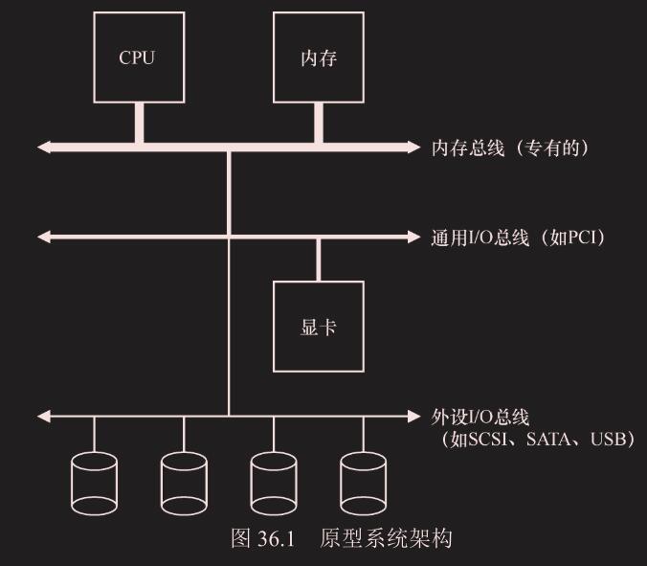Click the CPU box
point(137,58)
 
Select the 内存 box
point(319,58)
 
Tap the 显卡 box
point(319,327)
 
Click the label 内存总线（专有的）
point(510,147)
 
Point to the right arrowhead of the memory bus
point(413,147)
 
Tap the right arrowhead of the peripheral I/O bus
point(413,417)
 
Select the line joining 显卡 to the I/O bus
point(319,259)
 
